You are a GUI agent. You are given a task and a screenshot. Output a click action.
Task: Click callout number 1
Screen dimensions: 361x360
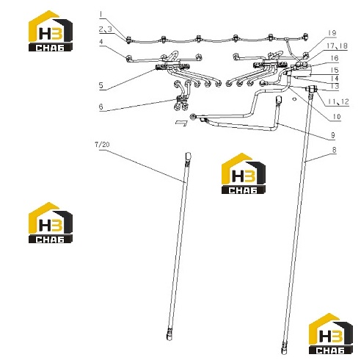pos(101,15)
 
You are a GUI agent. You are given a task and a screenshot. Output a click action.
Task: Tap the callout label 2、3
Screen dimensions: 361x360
pos(106,29)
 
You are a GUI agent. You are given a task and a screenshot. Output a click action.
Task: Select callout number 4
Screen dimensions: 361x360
pos(101,42)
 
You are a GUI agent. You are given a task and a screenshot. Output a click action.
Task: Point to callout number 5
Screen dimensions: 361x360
pos(101,85)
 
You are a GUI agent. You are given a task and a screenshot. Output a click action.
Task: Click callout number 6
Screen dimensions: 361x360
pos(101,107)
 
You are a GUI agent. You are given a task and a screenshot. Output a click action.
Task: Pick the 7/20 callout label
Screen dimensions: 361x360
pos(102,145)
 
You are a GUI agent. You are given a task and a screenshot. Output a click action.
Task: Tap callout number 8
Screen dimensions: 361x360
pos(335,150)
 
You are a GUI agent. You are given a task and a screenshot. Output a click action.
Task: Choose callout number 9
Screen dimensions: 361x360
pos(333,135)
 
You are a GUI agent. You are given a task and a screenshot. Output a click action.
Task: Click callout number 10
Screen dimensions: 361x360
pos(337,117)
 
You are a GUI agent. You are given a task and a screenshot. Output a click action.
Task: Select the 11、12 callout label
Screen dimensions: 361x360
pos(338,101)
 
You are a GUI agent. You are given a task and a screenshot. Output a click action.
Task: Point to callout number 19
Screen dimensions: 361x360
pos(332,33)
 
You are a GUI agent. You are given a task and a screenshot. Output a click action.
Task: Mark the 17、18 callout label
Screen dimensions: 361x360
pos(337,46)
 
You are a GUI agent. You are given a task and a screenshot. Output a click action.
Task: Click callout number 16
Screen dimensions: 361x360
pos(335,58)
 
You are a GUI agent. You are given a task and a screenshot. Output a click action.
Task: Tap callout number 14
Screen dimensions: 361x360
pos(335,79)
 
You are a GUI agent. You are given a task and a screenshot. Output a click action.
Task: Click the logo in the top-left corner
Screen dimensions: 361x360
pos(51,31)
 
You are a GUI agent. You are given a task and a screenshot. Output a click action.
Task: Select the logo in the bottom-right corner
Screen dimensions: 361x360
pos(331,334)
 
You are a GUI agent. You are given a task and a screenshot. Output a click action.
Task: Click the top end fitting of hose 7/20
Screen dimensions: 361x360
pos(189,156)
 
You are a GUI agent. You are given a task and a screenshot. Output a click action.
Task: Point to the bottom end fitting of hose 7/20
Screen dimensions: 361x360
pos(169,334)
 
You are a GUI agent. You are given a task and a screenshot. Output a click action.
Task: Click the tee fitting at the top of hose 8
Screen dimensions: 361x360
pos(311,89)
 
